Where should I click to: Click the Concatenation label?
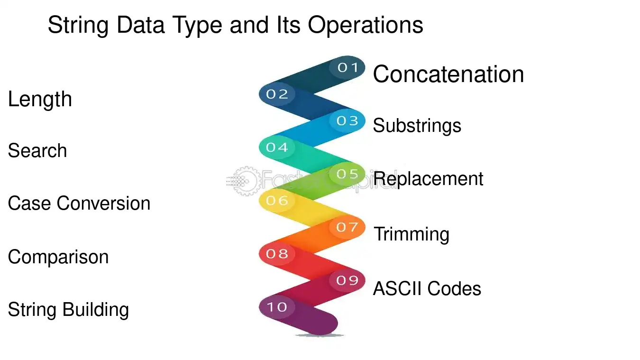point(448,74)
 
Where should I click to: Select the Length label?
point(40,100)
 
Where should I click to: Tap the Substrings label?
point(417,126)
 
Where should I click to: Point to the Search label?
point(37,150)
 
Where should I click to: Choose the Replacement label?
point(428,179)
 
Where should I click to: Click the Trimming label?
point(411,234)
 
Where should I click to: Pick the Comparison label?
point(58,257)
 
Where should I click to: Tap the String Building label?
point(68,310)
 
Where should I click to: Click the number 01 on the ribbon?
point(347,67)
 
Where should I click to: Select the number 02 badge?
point(277,94)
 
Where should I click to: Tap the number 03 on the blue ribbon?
point(347,120)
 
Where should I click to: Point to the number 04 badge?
point(277,147)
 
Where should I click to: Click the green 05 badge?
point(347,174)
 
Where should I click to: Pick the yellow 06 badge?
point(277,201)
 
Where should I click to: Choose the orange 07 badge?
point(347,227)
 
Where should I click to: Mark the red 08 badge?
point(277,254)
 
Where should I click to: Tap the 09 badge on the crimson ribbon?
point(347,280)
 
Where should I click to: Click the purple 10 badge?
point(277,307)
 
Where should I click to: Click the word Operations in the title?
point(366,26)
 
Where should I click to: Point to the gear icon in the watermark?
point(247,181)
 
